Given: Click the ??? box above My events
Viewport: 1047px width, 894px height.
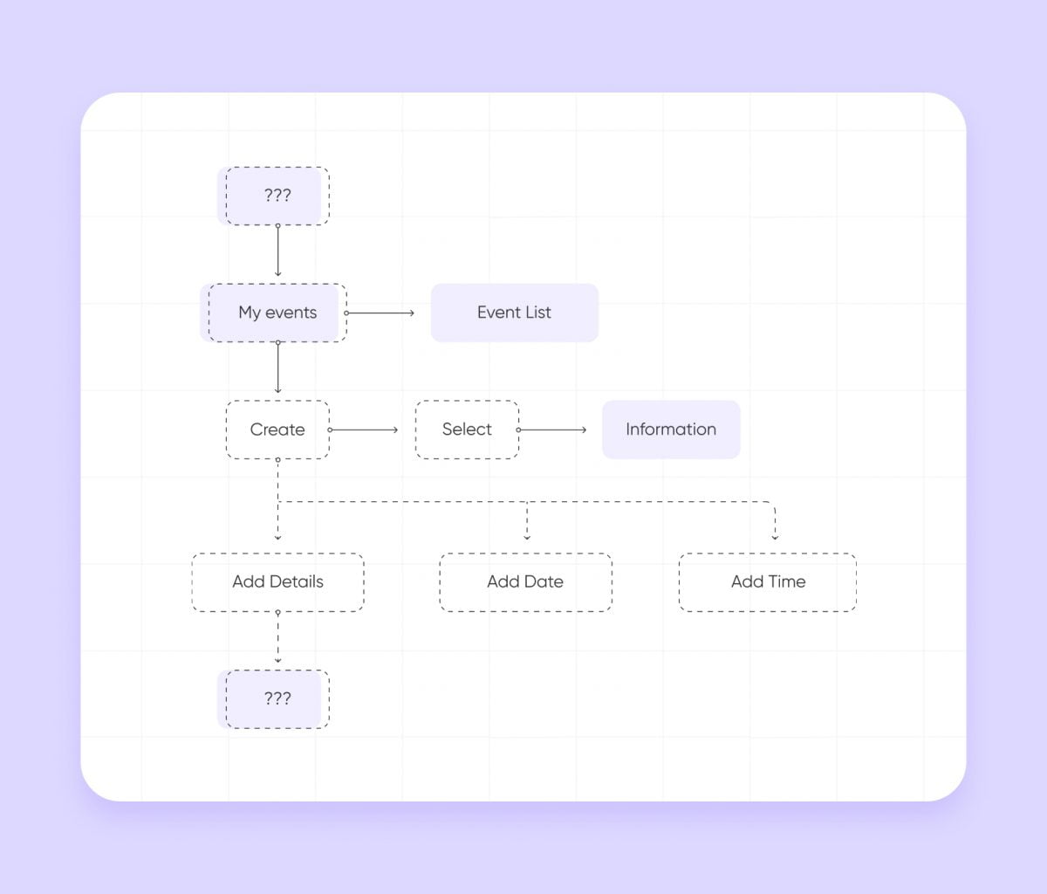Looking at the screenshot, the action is (x=277, y=196).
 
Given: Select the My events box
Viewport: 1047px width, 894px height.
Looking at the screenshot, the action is (x=277, y=313).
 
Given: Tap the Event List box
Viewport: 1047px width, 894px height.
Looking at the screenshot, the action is (x=514, y=313).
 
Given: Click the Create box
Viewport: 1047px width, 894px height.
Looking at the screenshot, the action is (x=277, y=430).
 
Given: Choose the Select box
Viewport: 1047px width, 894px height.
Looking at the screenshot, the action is (x=467, y=430).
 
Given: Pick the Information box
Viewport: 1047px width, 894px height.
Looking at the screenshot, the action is (x=671, y=430).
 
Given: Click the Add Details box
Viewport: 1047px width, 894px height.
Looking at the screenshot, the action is (x=277, y=582).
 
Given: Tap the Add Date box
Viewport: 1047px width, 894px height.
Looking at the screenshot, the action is (x=526, y=582).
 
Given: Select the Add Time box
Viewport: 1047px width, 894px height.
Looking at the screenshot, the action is (x=768, y=582).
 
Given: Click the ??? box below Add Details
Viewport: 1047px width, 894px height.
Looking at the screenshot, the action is (x=277, y=699).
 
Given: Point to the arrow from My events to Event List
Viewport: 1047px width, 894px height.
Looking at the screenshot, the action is (x=380, y=313).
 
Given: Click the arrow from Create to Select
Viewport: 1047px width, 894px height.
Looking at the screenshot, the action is (x=363, y=430).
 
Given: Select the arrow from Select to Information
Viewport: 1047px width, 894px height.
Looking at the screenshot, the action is (x=551, y=430).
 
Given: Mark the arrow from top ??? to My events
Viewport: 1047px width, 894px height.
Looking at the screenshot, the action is (x=277, y=251).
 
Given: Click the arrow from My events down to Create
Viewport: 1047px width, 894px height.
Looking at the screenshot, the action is (x=277, y=367).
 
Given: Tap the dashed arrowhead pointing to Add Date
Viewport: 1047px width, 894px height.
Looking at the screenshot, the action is (x=527, y=537).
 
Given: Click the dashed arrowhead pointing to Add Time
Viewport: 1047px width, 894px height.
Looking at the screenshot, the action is (x=775, y=537).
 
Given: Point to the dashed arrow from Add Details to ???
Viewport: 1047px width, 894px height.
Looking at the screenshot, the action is (x=277, y=637).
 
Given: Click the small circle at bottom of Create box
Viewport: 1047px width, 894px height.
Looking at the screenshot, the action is (x=277, y=460).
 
